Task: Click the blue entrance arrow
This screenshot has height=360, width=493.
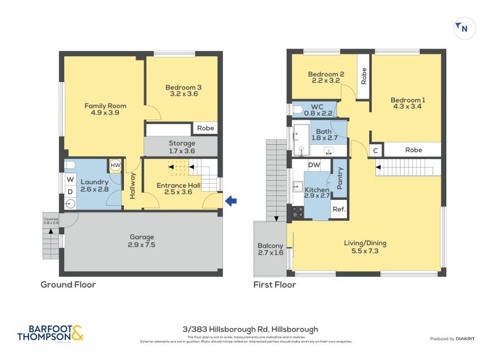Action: click(x=232, y=200)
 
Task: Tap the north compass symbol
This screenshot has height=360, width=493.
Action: click(x=462, y=28)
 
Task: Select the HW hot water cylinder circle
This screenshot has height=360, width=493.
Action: click(x=115, y=165)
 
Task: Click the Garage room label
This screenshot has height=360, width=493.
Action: click(x=141, y=240)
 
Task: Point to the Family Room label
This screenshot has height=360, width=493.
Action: click(x=101, y=110)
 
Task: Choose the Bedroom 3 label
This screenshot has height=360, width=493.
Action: click(x=183, y=91)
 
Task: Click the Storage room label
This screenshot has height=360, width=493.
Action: click(x=182, y=147)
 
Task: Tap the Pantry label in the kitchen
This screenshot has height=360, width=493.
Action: click(x=340, y=178)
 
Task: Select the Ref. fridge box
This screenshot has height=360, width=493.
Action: click(x=339, y=209)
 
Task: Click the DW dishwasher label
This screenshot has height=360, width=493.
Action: click(x=314, y=165)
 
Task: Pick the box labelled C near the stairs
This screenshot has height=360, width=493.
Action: click(x=375, y=150)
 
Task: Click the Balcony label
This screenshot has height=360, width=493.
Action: click(x=271, y=250)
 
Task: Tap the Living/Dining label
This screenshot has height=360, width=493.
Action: click(x=365, y=247)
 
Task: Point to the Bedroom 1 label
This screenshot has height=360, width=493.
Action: click(x=407, y=104)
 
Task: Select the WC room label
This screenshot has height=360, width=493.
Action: click(x=317, y=109)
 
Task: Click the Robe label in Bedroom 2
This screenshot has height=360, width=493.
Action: click(x=364, y=76)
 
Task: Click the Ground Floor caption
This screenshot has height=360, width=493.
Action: click(x=68, y=285)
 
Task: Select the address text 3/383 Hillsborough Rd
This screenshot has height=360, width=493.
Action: click(x=246, y=329)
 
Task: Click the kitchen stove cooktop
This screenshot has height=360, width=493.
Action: click(x=297, y=211)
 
